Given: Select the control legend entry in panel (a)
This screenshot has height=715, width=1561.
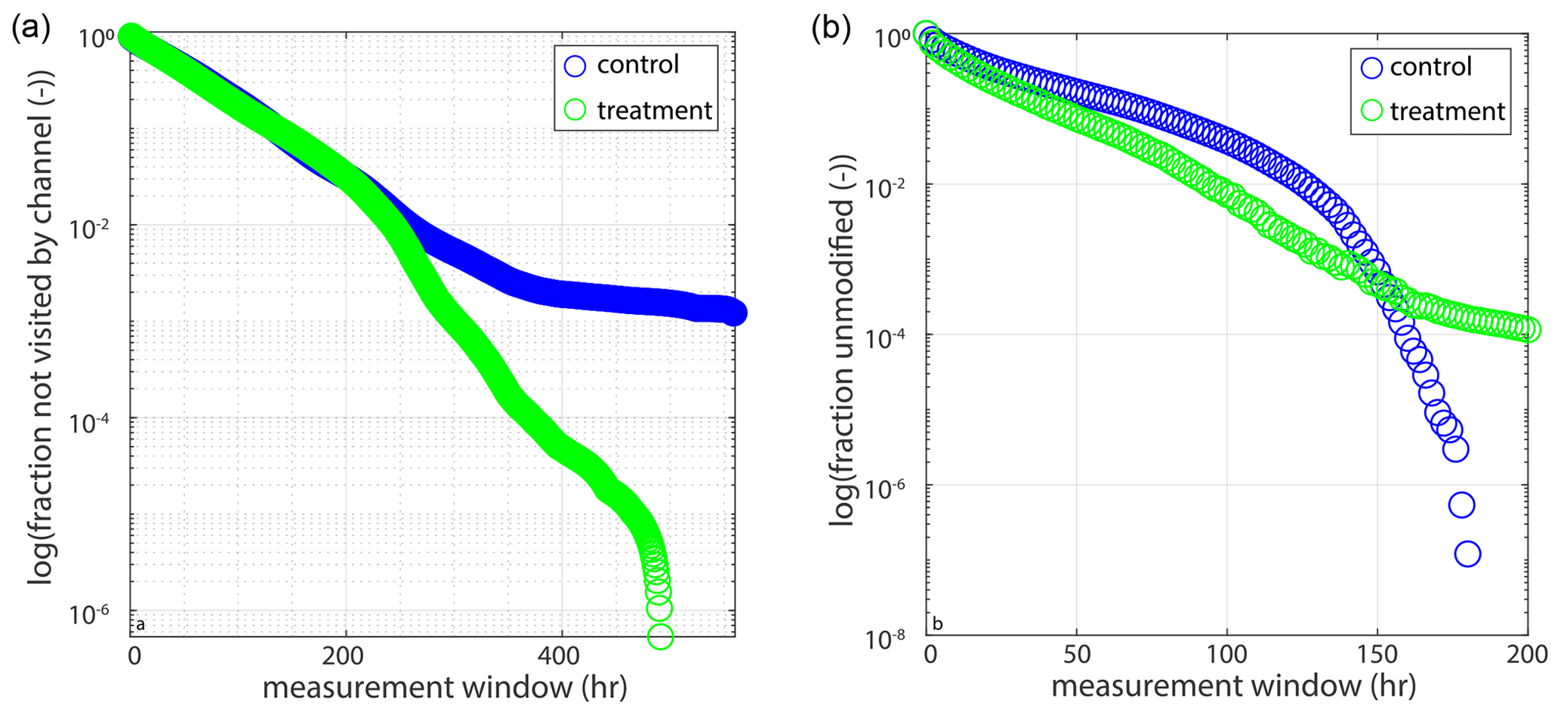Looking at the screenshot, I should point(637,65).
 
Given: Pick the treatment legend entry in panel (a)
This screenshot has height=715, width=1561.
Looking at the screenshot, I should point(653,111).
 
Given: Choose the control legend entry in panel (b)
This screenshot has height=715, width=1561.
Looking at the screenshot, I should point(1430,67).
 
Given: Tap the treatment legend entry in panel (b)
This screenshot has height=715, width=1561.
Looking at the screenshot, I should point(1446,112).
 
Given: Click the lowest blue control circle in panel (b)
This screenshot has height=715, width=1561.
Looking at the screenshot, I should point(1467,554).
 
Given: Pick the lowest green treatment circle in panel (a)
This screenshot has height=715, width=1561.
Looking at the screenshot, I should point(660,636).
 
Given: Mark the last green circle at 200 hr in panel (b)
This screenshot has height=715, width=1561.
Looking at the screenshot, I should point(1528,330).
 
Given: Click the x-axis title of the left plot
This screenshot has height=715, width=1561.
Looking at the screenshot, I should point(444,688).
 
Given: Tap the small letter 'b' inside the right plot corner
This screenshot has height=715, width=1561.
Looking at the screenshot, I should point(937,624).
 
